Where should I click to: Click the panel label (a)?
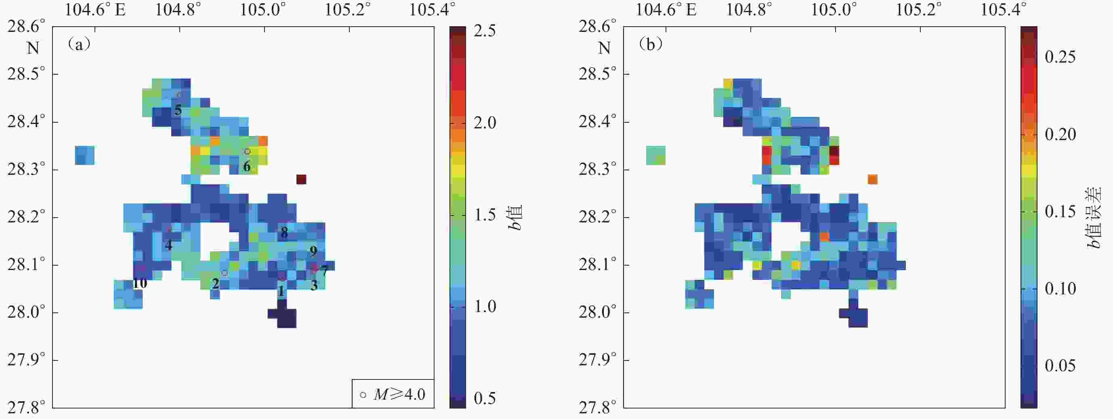point(79,44)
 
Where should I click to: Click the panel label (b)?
point(650,44)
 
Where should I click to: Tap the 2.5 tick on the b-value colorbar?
point(484,31)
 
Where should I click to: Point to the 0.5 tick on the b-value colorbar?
point(484,398)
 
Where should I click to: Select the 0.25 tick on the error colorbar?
point(1060,57)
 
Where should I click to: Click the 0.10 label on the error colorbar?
point(1060,288)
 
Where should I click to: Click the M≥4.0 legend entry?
point(393,394)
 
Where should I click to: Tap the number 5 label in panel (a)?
point(178,110)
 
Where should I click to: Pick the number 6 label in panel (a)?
point(247,166)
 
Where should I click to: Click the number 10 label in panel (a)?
point(140,283)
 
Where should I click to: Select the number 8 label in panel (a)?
point(284,233)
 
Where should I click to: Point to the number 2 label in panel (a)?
point(215,284)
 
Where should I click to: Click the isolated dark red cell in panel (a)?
point(301,179)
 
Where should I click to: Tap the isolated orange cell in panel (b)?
point(872,179)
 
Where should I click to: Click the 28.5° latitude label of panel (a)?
point(26,74)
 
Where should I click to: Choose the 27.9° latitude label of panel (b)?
point(597,360)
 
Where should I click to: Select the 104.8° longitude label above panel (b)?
point(749,10)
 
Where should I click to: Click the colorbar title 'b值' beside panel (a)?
point(515,217)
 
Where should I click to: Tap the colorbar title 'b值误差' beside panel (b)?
point(1094,217)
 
